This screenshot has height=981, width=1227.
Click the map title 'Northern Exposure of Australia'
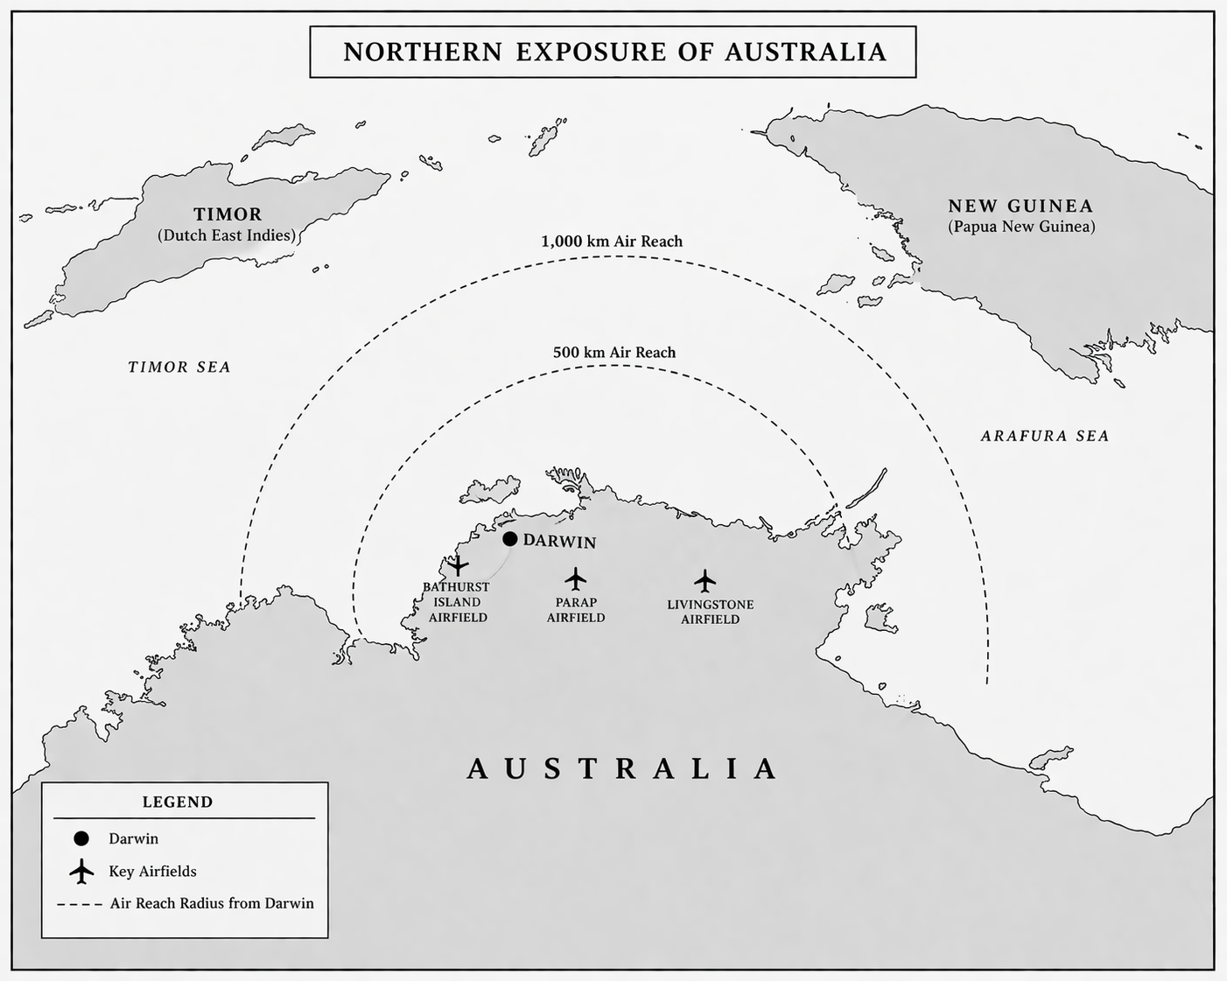pos(613,52)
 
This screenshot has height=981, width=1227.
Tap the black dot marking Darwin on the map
pos(510,539)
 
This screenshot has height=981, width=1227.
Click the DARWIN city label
pos(559,542)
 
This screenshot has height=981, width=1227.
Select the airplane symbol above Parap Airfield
pos(575,578)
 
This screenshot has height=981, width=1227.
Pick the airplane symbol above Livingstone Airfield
pos(705,580)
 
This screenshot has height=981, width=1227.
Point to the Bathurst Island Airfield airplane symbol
pos(458,565)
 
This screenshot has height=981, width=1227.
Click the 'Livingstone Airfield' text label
pos(710,612)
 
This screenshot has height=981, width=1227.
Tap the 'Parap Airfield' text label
pos(576,610)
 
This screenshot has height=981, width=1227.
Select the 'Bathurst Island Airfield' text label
pos(457,602)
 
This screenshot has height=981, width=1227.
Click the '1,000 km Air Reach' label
pos(612,242)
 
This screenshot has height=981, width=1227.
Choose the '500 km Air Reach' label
pos(614,353)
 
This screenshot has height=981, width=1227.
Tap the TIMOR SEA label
pos(179,368)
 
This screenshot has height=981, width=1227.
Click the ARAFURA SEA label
pos(1044,436)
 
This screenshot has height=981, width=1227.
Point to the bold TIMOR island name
pos(228,214)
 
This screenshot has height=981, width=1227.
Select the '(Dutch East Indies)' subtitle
pos(227,235)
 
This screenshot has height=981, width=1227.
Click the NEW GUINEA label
pos(1020,207)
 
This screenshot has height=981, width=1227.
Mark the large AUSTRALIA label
pos(622,768)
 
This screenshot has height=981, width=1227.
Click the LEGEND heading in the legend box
pos(178,802)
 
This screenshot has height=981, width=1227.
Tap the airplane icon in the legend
pos(81,872)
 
